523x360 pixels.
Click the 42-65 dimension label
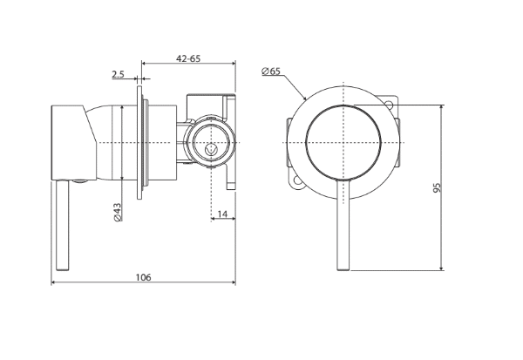(x=188, y=58)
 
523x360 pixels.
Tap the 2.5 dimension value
(x=118, y=74)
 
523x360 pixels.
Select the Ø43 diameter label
(x=118, y=212)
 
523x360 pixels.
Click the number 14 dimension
(x=222, y=214)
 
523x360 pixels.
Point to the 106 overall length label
(x=143, y=277)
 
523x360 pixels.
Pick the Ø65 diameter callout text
(x=271, y=71)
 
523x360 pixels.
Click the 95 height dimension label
(x=437, y=187)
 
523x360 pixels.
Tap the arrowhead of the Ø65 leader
(x=304, y=98)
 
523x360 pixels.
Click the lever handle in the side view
(x=63, y=225)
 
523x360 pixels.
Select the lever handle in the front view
(x=343, y=225)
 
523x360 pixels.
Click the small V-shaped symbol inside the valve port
(x=211, y=149)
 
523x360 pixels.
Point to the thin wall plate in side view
(x=139, y=142)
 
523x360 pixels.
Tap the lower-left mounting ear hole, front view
(x=297, y=180)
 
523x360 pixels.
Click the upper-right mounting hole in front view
(x=389, y=105)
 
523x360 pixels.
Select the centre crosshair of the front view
(x=343, y=142)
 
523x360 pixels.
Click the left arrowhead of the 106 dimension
(x=52, y=282)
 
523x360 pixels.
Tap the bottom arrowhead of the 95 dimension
(x=442, y=268)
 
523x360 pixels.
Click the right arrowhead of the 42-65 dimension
(x=234, y=63)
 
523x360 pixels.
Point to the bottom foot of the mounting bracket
(x=231, y=186)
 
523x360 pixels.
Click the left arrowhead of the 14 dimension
(x=213, y=219)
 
